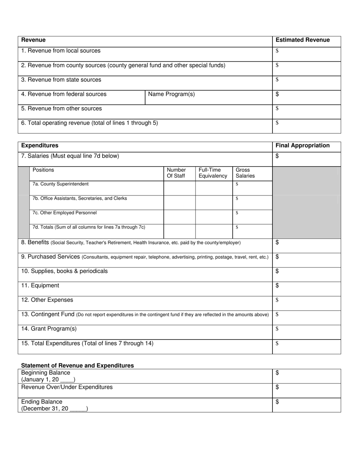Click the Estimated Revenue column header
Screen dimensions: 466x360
coord(302,40)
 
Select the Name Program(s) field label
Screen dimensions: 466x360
coord(171,94)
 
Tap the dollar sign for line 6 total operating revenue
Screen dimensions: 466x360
coord(277,123)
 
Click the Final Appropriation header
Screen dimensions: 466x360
coord(302,145)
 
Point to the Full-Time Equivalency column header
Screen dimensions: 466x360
coord(213,173)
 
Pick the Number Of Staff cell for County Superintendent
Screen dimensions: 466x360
coord(179,188)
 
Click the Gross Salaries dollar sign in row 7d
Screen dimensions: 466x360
coord(237,227)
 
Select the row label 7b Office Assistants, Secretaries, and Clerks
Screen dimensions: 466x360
coord(80,199)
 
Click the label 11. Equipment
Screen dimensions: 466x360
coord(40,285)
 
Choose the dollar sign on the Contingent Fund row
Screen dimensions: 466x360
coord(277,314)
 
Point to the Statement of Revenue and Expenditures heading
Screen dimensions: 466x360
coord(77,366)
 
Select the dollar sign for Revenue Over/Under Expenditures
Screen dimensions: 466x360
coord(277,387)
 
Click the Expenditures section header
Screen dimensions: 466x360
coord(40,145)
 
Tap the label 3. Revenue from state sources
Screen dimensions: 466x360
coord(61,80)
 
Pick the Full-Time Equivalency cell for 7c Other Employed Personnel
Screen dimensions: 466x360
coord(214,217)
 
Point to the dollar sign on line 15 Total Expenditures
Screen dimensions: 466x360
coord(277,344)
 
